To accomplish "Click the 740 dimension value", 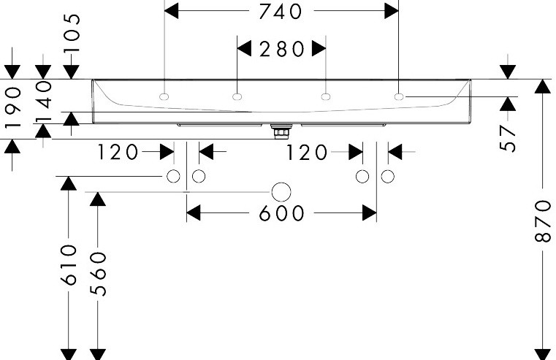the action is (281, 12).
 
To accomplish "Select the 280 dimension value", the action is (281, 49).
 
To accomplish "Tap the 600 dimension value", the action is (281, 213).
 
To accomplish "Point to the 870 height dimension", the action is (543, 221).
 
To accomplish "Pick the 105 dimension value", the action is (72, 33).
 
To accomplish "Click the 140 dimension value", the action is (44, 101).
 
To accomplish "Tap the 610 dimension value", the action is (69, 264).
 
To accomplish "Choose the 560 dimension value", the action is (98, 274).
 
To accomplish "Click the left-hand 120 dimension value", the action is (118, 153).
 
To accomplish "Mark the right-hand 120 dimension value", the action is (306, 153).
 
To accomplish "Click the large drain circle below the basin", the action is (281, 192).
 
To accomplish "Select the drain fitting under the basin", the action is (281, 131).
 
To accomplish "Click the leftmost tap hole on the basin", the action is (164, 96).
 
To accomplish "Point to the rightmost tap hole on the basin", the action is (399, 96).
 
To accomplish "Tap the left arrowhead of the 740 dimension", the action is (172, 11).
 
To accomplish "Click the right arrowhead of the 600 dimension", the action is (370, 213).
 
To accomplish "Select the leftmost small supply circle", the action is (173, 176).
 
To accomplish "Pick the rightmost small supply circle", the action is (387, 176).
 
